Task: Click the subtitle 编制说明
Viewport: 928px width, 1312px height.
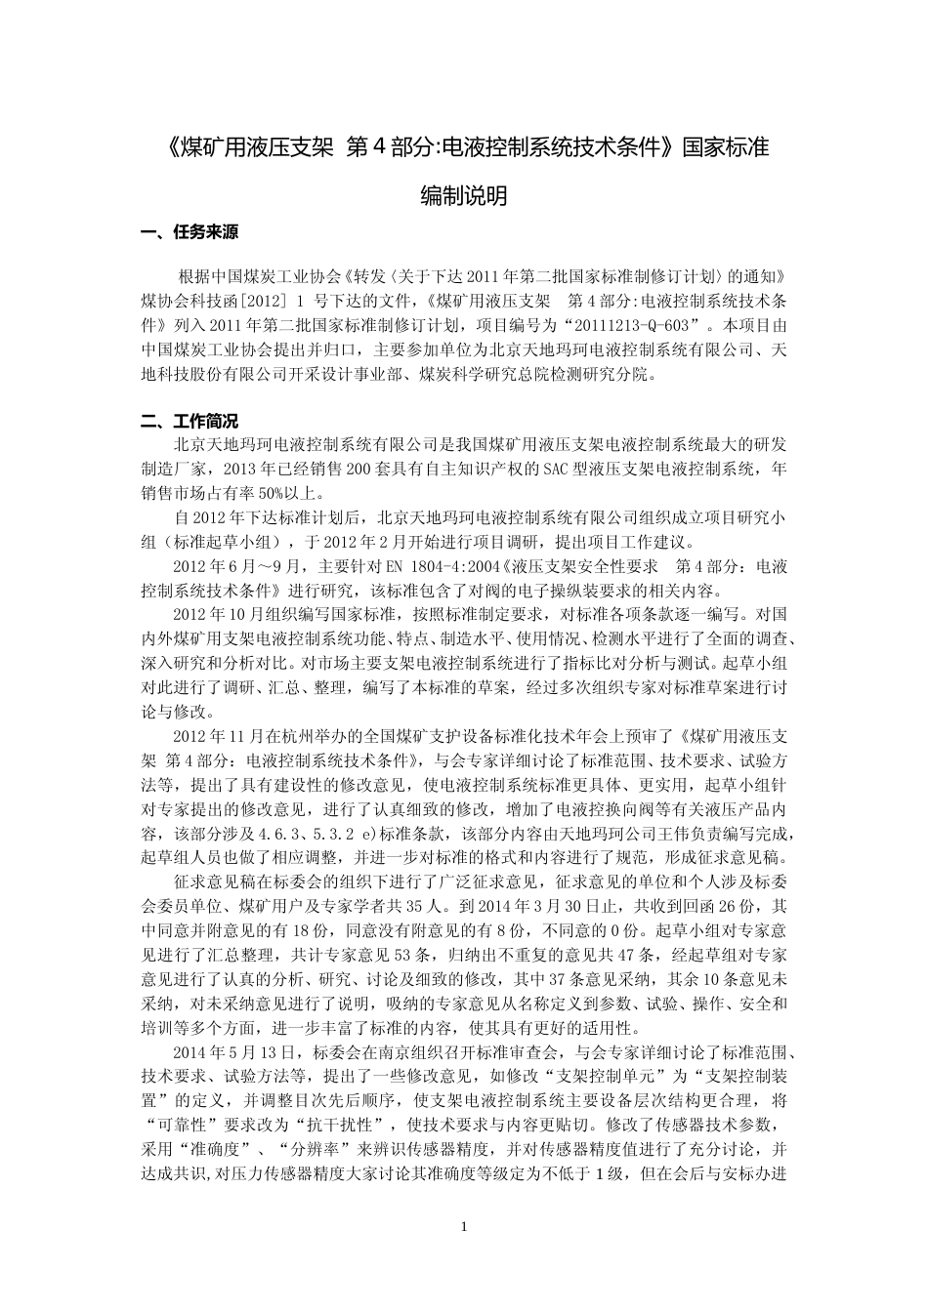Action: click(463, 195)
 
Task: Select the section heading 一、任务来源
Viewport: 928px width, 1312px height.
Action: click(189, 233)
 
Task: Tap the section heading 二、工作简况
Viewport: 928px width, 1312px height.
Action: click(189, 422)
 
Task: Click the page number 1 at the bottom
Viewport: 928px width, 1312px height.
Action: click(464, 1226)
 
